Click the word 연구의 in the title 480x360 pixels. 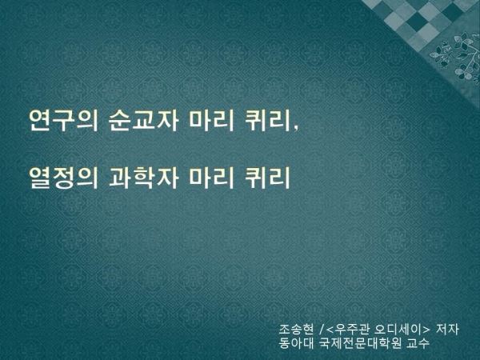click(x=64, y=120)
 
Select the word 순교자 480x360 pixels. click(x=143, y=120)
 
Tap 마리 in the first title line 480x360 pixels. click(x=211, y=120)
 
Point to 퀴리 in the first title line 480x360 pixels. click(x=267, y=120)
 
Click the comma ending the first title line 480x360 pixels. click(x=295, y=129)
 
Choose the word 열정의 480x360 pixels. click(x=64, y=177)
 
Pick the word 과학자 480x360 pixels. click(x=143, y=177)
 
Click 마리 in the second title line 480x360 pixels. click(x=211, y=177)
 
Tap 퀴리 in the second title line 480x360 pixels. click(x=267, y=177)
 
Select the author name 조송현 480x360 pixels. click(x=296, y=330)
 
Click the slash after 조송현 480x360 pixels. click(x=321, y=330)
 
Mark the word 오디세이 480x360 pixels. click(x=399, y=330)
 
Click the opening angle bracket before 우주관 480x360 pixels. click(x=330, y=330)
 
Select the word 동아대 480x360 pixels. click(x=296, y=343)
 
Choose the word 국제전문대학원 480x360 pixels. click(x=360, y=343)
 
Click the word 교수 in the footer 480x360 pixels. click(x=418, y=343)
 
